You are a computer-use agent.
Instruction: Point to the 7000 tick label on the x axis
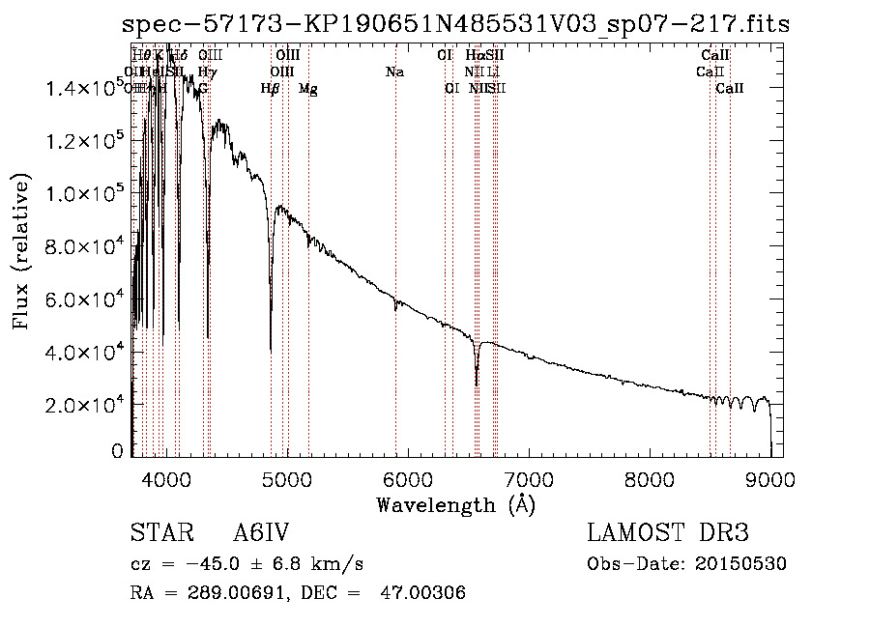[x=529, y=476]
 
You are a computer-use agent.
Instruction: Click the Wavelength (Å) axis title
[x=455, y=504]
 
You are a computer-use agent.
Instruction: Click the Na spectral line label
[x=394, y=72]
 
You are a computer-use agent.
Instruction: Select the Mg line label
[x=307, y=89]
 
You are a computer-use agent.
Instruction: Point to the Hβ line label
[x=271, y=89]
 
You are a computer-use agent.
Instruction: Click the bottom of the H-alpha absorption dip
[x=477, y=384]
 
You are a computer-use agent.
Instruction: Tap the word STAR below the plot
[x=159, y=534]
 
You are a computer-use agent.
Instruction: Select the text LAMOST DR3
[x=667, y=534]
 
